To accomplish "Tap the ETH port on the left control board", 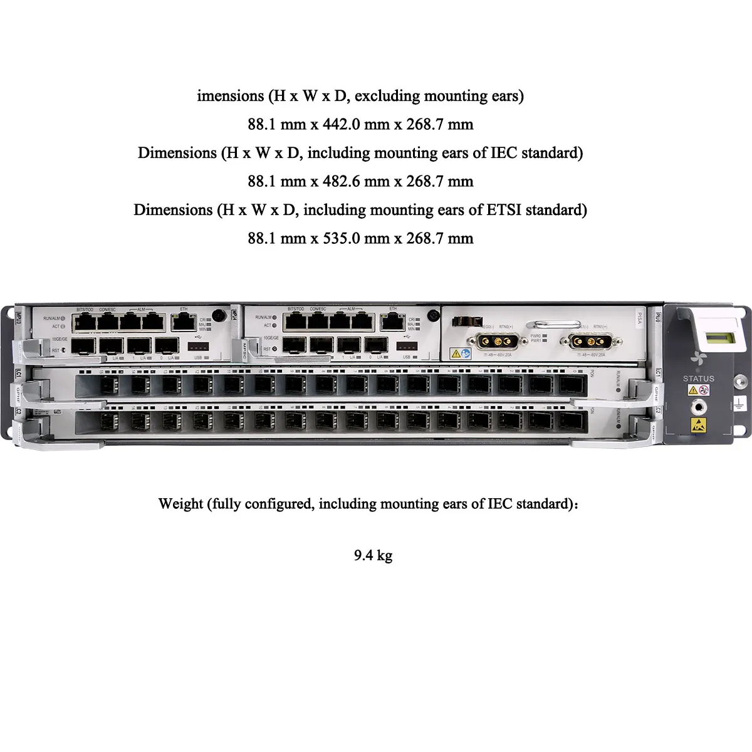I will pos(183,322).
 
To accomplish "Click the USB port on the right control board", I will pos(406,346).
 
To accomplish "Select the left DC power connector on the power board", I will pos(493,342).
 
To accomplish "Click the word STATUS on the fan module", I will pos(698,379).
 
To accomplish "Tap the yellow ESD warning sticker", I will pos(698,426).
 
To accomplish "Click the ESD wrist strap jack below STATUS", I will pos(698,407).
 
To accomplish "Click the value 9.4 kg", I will pos(373,555).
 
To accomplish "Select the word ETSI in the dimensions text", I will pos(504,210).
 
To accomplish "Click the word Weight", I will pos(180,504).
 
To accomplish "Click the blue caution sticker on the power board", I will pos(466,354).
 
